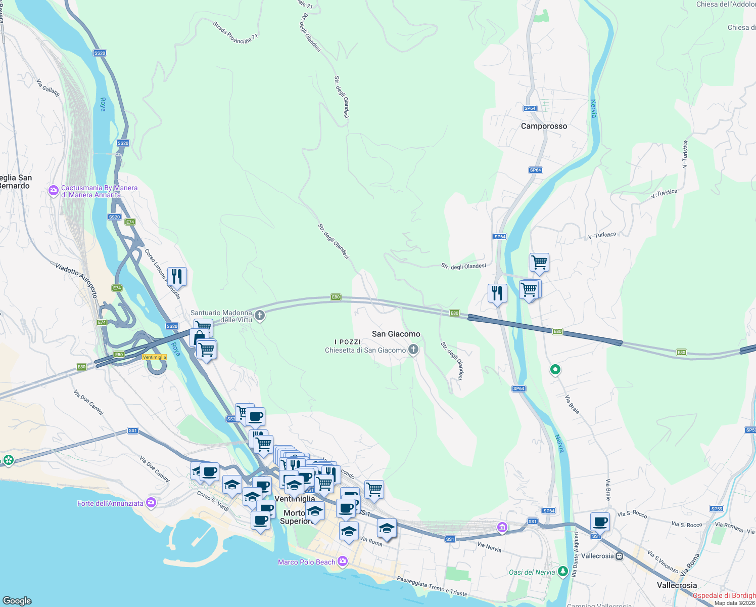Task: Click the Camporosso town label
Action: (544, 126)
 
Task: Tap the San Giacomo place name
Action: (396, 334)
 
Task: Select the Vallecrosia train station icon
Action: (620, 556)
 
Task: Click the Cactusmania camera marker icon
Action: (53, 191)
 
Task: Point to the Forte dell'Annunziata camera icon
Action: (151, 503)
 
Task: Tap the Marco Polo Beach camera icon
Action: (343, 561)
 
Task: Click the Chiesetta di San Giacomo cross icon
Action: (413, 350)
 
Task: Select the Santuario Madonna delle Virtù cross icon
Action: (260, 316)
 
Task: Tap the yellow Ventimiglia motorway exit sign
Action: (155, 357)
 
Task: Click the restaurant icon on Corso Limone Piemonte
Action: (177, 276)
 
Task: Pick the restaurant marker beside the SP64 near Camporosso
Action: (497, 293)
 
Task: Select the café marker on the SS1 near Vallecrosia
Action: (600, 522)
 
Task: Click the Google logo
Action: (17, 600)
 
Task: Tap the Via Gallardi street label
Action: (48, 87)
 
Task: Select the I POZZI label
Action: (348, 342)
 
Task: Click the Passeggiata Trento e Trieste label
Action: (432, 586)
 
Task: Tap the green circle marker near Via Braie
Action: (555, 370)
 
